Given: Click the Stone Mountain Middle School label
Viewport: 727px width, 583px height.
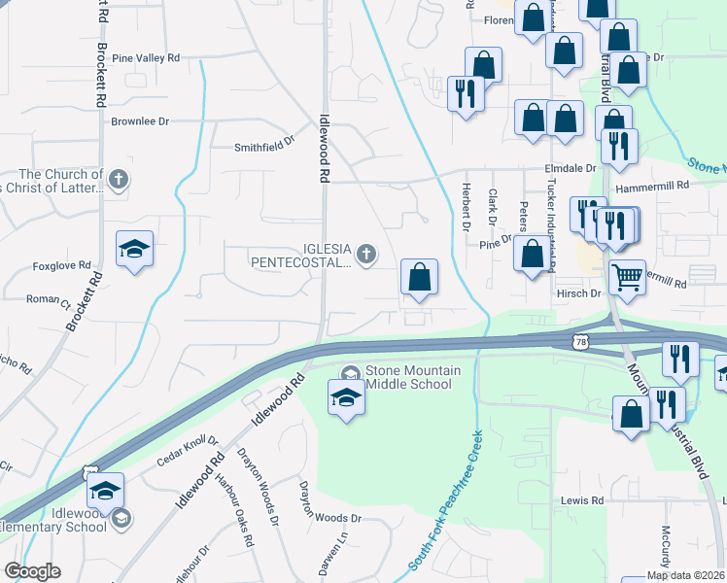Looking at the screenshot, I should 408,377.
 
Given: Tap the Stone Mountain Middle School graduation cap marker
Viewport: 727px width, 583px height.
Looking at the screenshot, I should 344,399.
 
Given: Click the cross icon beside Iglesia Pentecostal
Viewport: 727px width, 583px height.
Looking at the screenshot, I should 365,255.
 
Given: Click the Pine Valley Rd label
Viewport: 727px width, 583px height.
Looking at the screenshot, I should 147,58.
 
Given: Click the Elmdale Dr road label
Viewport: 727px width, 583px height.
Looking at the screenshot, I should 570,168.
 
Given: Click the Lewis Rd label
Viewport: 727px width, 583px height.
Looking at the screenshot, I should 582,500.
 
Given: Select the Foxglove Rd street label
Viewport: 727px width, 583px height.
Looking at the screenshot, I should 61,264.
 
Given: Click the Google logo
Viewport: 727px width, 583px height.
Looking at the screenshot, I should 32,571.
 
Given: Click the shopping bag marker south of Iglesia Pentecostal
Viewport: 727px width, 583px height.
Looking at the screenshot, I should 419,278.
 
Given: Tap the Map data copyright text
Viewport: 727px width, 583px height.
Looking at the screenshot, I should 686,575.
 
